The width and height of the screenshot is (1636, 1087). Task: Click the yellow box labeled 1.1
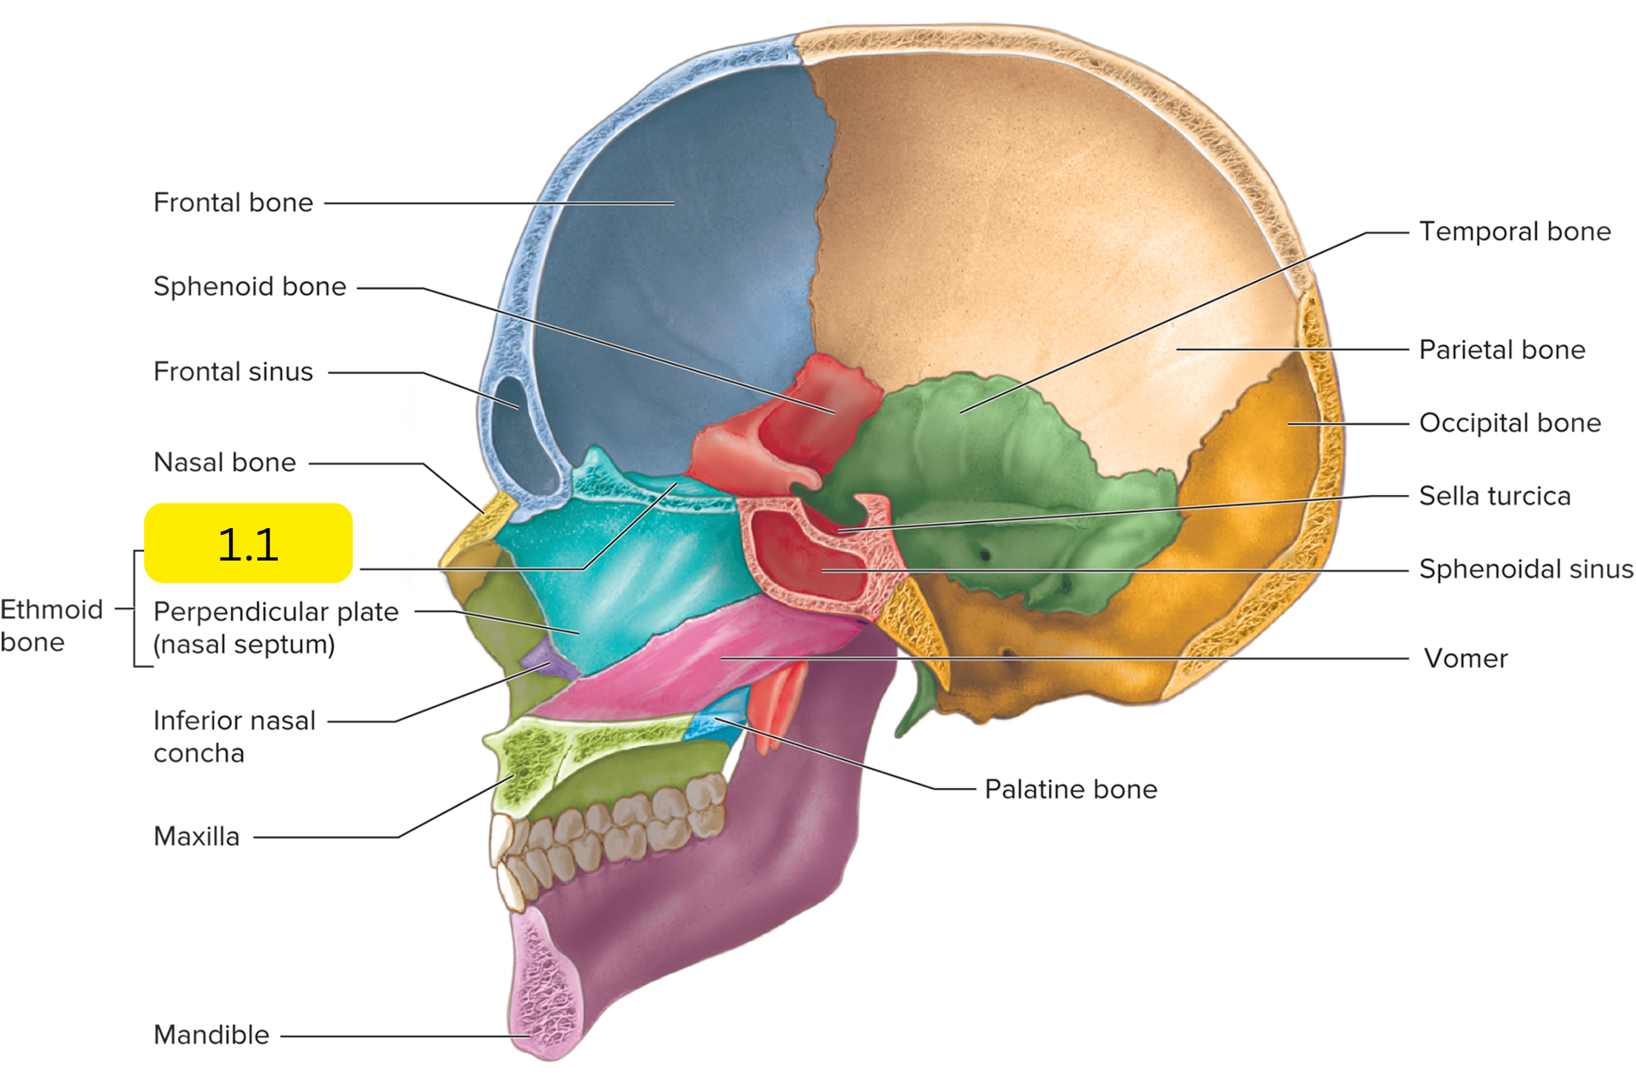click(x=248, y=543)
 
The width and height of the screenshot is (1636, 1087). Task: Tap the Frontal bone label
click(x=233, y=203)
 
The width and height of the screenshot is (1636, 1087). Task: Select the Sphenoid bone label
click(x=250, y=287)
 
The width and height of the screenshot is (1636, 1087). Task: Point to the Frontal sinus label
click(x=233, y=371)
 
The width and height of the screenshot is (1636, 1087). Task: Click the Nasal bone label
click(x=225, y=463)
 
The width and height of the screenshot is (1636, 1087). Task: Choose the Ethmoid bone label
click(x=51, y=625)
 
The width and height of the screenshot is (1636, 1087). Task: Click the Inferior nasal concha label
click(x=234, y=737)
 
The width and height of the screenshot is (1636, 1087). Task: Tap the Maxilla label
click(x=197, y=837)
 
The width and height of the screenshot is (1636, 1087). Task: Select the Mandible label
click(x=211, y=1035)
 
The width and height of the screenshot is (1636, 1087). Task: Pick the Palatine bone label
click(x=1071, y=790)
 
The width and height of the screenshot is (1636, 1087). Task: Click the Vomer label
click(x=1466, y=659)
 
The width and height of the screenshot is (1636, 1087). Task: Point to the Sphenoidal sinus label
click(x=1526, y=569)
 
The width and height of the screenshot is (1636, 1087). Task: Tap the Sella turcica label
click(x=1495, y=496)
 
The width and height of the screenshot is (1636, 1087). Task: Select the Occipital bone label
click(x=1510, y=423)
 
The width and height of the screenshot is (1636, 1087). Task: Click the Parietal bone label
click(x=1502, y=350)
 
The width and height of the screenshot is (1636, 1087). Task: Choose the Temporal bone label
click(x=1515, y=232)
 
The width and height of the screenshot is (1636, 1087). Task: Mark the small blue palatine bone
click(x=717, y=719)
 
